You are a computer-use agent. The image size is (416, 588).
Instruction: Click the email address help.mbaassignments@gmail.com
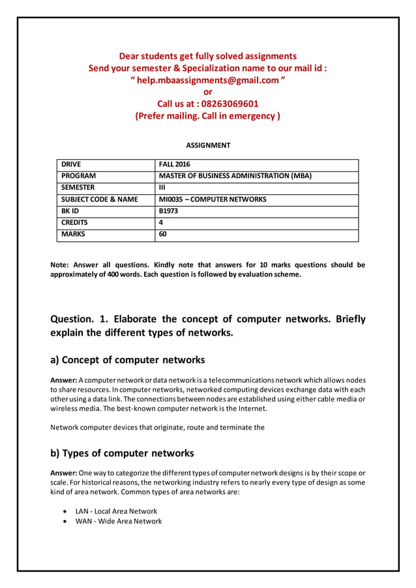click(207, 80)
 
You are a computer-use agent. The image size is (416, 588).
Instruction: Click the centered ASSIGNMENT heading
click(208, 145)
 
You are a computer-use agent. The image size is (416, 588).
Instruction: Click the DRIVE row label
click(71, 165)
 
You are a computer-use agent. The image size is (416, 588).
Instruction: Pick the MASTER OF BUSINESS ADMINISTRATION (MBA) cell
click(235, 176)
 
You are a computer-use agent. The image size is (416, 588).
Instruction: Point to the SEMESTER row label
click(78, 188)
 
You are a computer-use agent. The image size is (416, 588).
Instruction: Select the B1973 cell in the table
click(168, 211)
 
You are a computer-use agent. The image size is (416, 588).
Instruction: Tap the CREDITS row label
click(74, 223)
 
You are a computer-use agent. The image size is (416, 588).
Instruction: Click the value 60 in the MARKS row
click(163, 235)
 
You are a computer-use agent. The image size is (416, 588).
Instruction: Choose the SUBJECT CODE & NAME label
click(99, 199)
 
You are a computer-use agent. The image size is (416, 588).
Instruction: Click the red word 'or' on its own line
click(208, 92)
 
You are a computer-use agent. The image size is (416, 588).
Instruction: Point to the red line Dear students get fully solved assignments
click(207, 56)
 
